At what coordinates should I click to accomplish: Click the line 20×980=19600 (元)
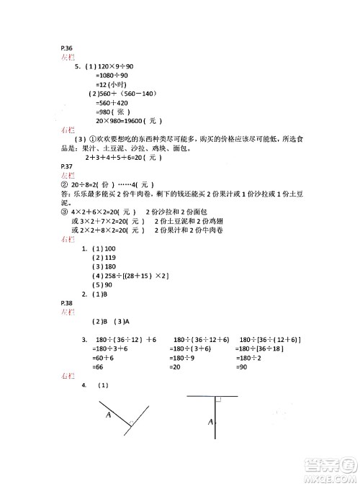118,120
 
